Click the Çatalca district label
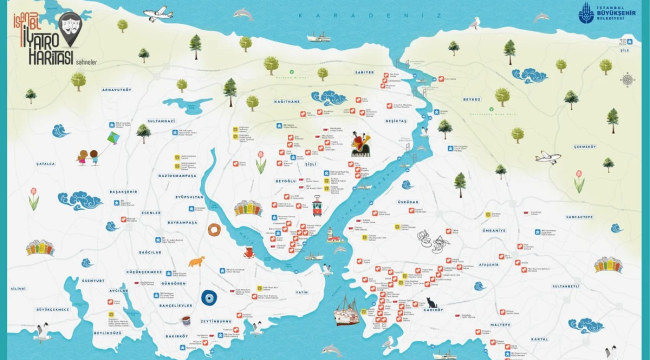(x=45, y=162)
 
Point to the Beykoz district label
(x=471, y=100)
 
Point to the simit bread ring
(x=215, y=230)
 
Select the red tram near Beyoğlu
(x=317, y=207)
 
